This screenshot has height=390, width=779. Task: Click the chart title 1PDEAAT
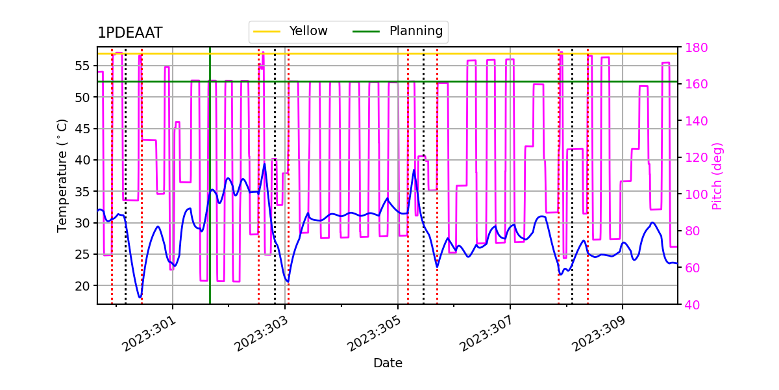pos(130,33)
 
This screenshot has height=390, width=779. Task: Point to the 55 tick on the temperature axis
pos(84,66)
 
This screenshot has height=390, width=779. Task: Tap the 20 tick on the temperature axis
pos(84,285)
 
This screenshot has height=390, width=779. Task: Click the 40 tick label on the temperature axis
pos(84,160)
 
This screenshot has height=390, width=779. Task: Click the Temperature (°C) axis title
pos(62,175)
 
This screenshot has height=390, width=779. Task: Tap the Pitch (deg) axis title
pos(717,175)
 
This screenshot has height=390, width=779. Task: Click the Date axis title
pos(388,363)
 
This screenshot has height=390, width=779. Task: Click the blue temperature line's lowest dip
pos(140,298)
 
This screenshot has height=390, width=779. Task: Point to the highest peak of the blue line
pos(264,164)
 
